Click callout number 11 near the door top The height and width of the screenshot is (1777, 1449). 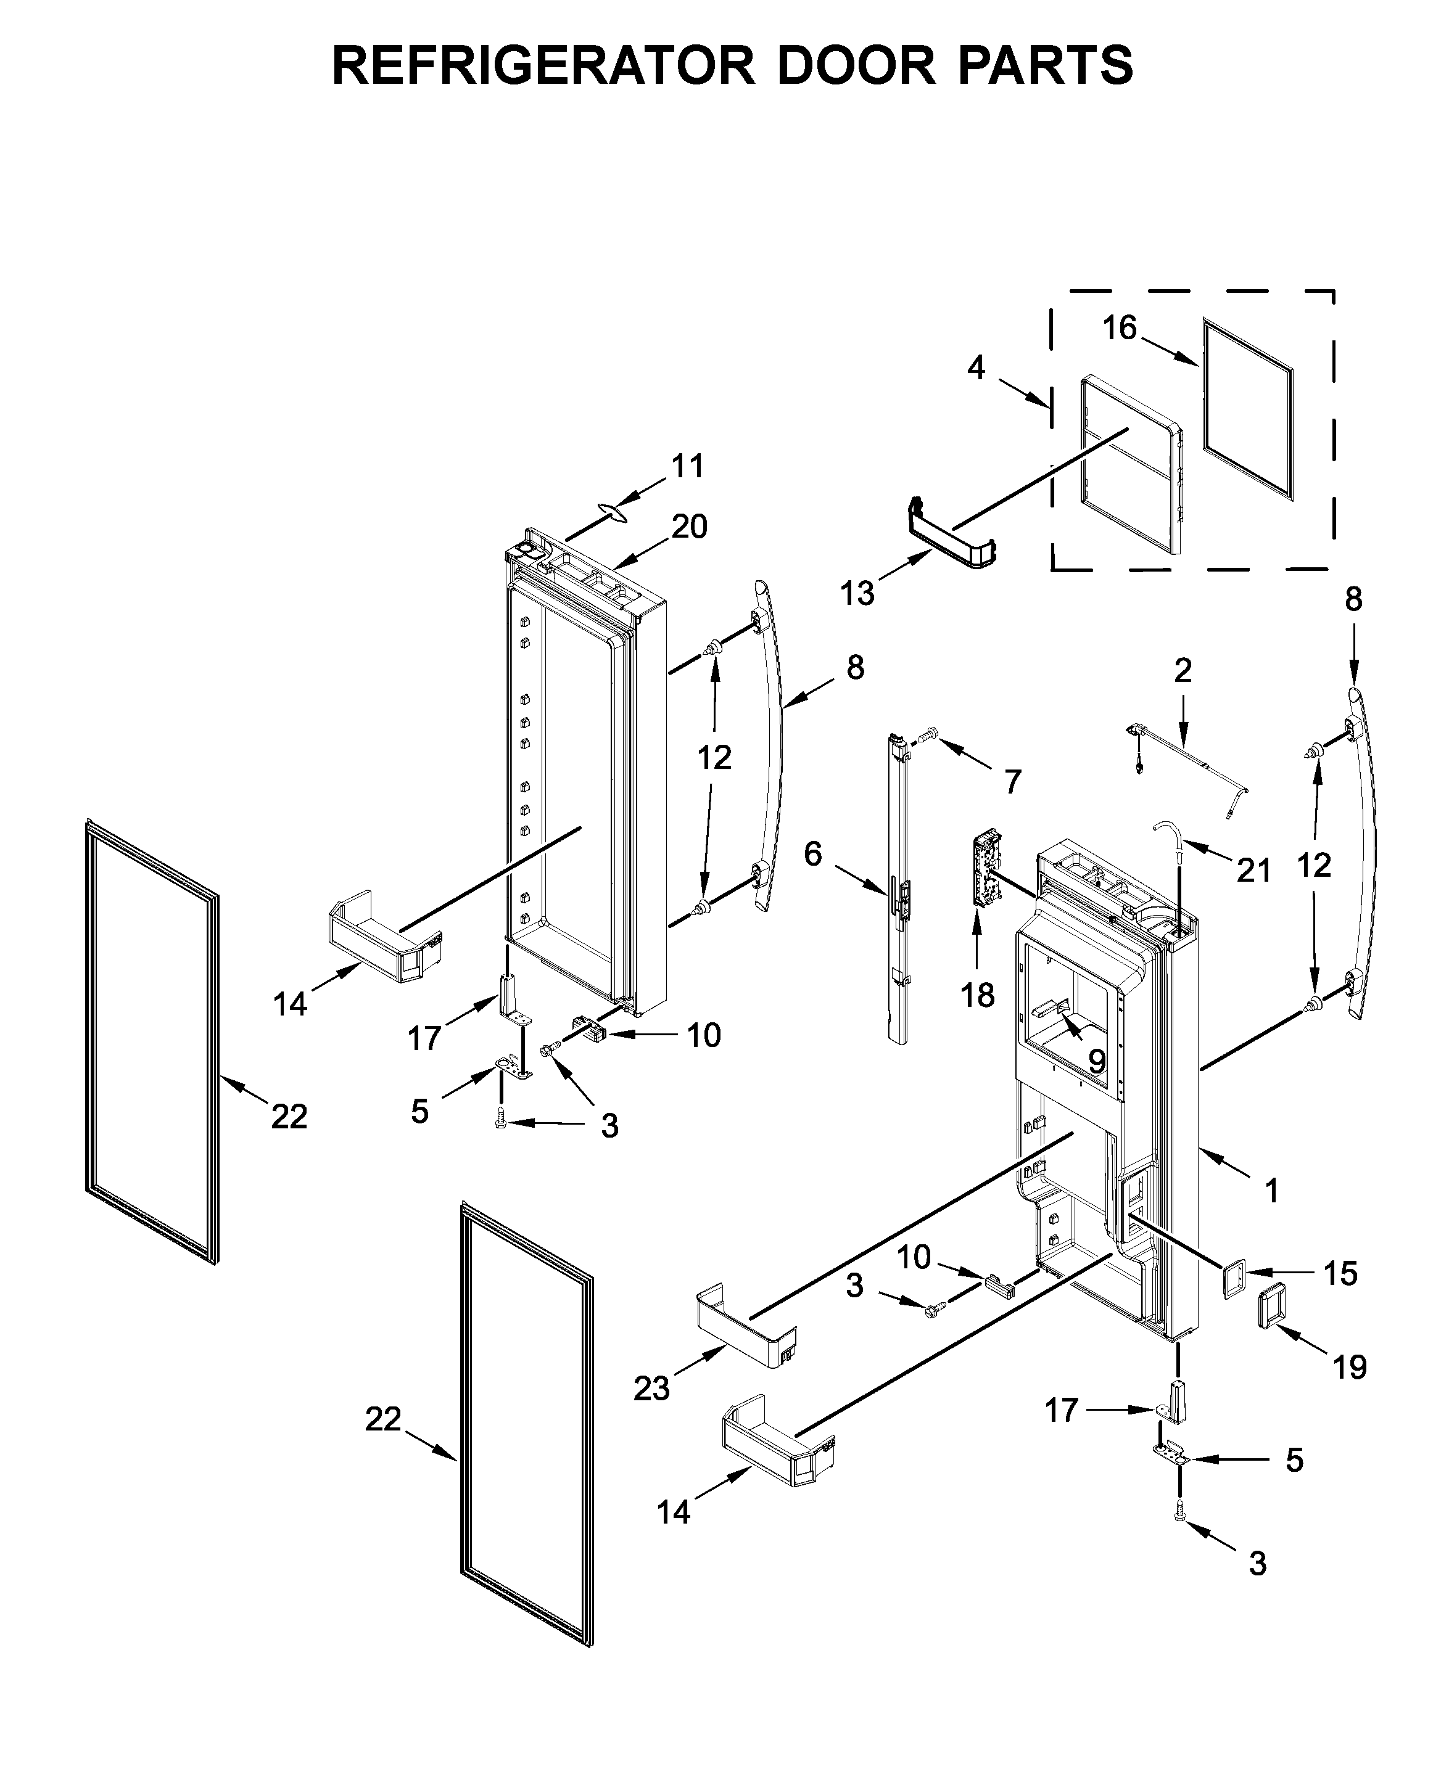(x=688, y=466)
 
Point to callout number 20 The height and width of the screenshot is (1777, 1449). (x=690, y=527)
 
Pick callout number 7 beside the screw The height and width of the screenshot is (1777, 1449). (x=1012, y=782)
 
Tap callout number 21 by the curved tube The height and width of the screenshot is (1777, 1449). (x=1253, y=870)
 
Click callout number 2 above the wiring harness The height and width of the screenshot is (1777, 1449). (x=1183, y=670)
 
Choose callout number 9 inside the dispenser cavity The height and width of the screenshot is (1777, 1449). (x=1096, y=1061)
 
